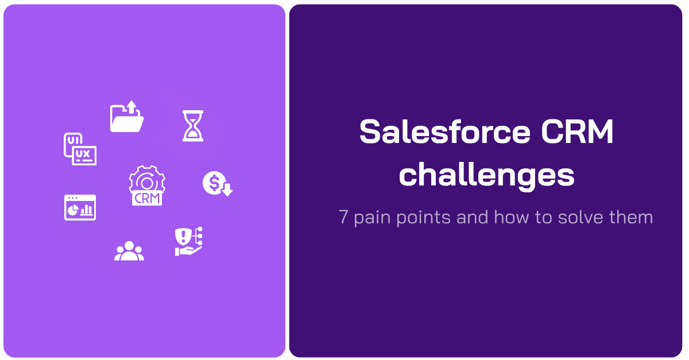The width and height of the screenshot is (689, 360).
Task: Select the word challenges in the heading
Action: [486, 175]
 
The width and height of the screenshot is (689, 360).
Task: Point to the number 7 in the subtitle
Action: [343, 218]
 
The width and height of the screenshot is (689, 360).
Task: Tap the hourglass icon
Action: [193, 126]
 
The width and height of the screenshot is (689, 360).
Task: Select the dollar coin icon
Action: [214, 183]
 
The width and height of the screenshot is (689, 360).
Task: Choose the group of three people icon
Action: [129, 251]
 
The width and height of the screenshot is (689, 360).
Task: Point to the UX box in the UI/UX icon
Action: [84, 156]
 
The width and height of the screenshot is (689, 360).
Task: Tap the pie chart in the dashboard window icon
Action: [73, 211]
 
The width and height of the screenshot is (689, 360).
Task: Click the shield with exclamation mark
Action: [183, 235]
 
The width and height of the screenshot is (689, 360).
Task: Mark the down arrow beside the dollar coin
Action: [227, 189]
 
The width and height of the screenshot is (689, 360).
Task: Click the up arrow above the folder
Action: [131, 107]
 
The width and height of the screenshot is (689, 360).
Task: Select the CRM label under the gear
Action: [147, 199]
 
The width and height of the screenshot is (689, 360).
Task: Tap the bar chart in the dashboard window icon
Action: [87, 210]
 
